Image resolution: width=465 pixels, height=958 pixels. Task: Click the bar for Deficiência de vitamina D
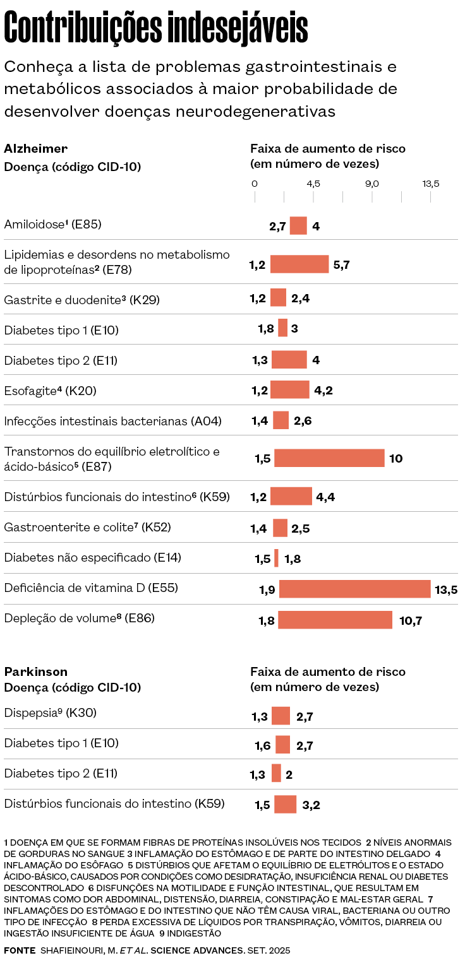pyautogui.click(x=354, y=589)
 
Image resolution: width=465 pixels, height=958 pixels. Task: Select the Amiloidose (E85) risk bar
pyautogui.click(x=298, y=225)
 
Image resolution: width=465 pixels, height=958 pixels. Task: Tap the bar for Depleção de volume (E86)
pyautogui.click(x=335, y=620)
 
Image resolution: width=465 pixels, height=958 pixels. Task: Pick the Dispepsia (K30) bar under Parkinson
pyautogui.click(x=281, y=716)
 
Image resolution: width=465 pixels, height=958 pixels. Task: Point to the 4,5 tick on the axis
pyautogui.click(x=313, y=184)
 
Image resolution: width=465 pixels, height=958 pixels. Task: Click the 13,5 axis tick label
pyautogui.click(x=431, y=184)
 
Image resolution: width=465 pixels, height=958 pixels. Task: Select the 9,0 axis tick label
pyautogui.click(x=371, y=184)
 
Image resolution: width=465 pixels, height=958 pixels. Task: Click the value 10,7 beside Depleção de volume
pyautogui.click(x=411, y=621)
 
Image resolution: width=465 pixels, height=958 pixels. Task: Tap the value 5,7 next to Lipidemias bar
pyautogui.click(x=341, y=264)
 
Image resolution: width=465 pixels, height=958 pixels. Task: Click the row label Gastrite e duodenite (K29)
pyautogui.click(x=82, y=300)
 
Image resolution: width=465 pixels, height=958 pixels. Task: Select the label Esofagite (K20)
pyautogui.click(x=50, y=391)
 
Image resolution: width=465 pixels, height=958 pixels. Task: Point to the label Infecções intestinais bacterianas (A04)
pyautogui.click(x=112, y=421)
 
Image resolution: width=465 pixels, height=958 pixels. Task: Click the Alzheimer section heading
pyautogui.click(x=35, y=149)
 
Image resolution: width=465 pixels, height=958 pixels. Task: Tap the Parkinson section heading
pyautogui.click(x=35, y=671)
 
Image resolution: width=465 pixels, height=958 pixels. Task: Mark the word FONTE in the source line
pyautogui.click(x=20, y=950)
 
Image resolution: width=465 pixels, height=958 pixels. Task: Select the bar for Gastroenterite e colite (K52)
pyautogui.click(x=281, y=528)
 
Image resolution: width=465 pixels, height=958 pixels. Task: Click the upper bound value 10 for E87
pyautogui.click(x=396, y=459)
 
